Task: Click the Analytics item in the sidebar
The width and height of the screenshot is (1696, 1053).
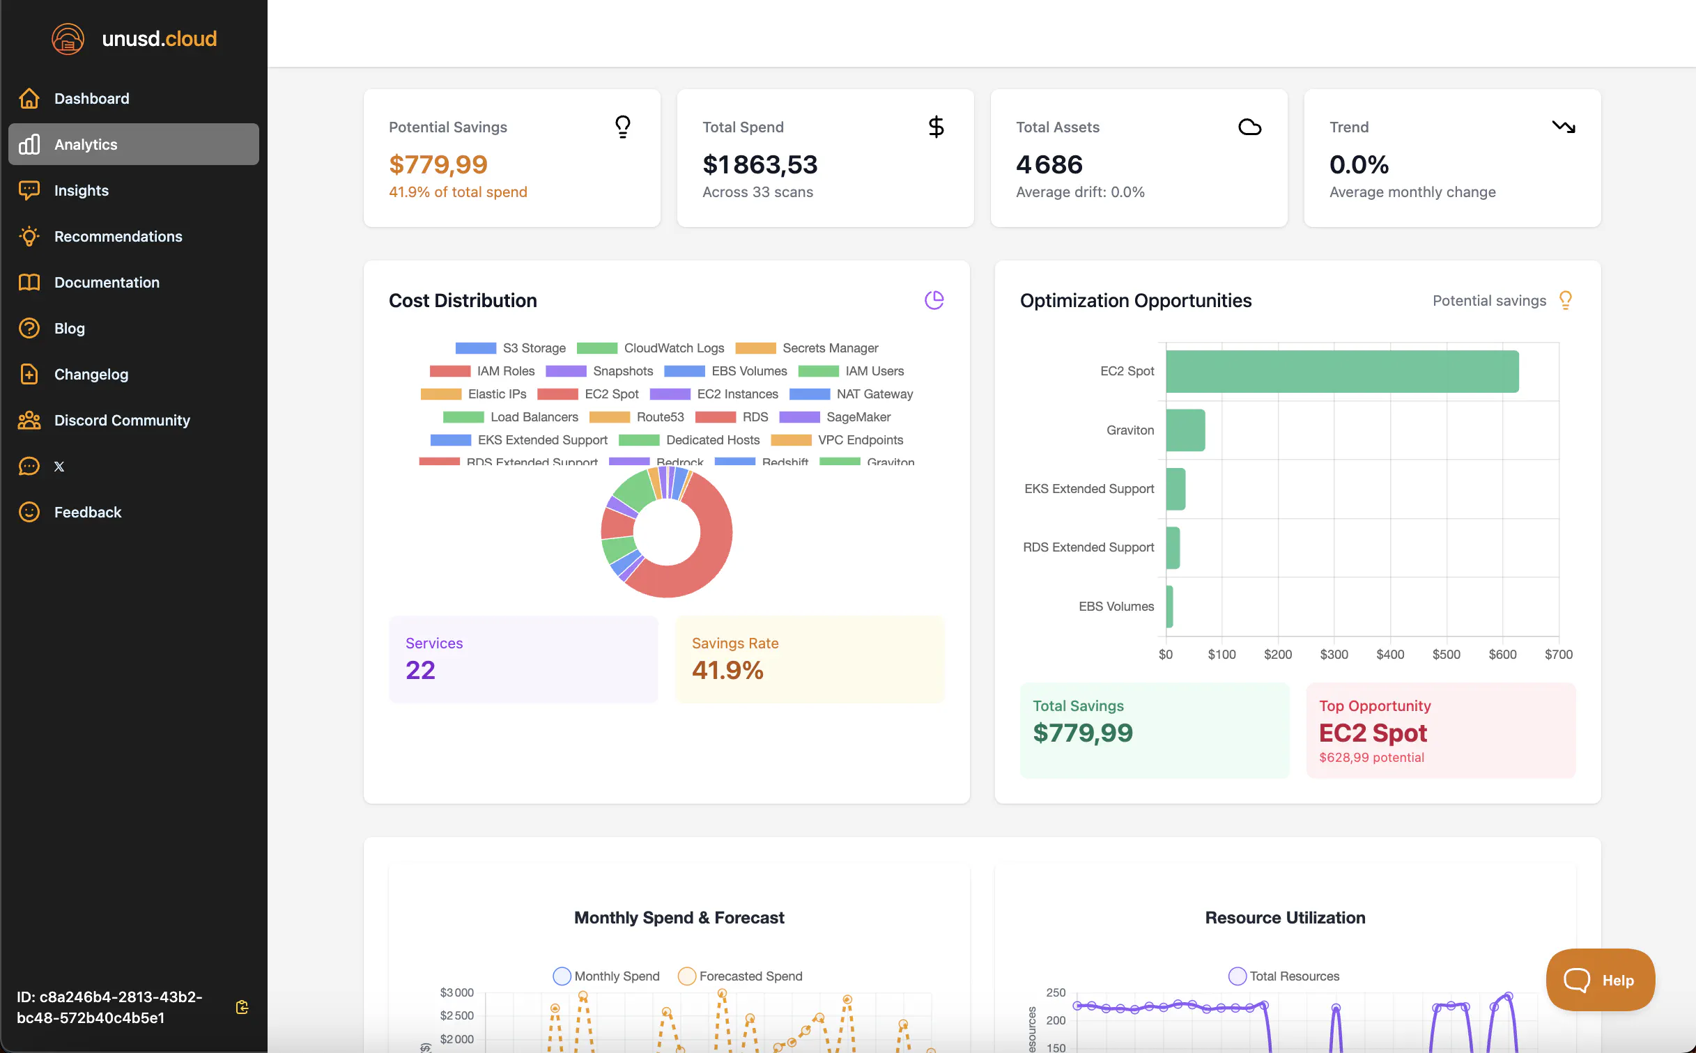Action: pos(133,144)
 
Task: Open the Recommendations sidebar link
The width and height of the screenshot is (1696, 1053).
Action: pos(118,236)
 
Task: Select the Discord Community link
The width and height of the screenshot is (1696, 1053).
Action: pos(121,420)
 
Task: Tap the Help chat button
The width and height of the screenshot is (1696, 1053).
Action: pos(1600,980)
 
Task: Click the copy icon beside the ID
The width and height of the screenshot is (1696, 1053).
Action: pos(242,1007)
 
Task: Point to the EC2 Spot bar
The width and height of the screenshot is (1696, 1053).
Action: pos(1342,371)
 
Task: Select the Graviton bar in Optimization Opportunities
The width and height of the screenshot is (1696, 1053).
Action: pos(1185,430)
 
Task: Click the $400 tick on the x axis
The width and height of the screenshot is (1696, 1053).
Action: pos(1390,654)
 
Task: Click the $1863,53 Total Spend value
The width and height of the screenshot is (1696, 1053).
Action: pos(760,164)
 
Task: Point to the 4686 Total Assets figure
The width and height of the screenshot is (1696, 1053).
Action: pos(1049,164)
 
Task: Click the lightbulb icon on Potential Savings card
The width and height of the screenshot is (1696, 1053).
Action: pos(622,127)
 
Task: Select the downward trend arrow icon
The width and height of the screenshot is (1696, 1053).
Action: pos(1563,127)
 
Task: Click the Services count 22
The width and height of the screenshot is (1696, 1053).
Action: pos(420,670)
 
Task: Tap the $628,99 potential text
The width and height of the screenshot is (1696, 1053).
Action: pos(1371,757)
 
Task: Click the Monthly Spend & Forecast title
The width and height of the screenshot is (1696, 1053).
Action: pos(679,917)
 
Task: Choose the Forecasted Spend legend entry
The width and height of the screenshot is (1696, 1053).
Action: pos(740,976)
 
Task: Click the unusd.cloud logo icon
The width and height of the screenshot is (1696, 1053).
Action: pos(68,38)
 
